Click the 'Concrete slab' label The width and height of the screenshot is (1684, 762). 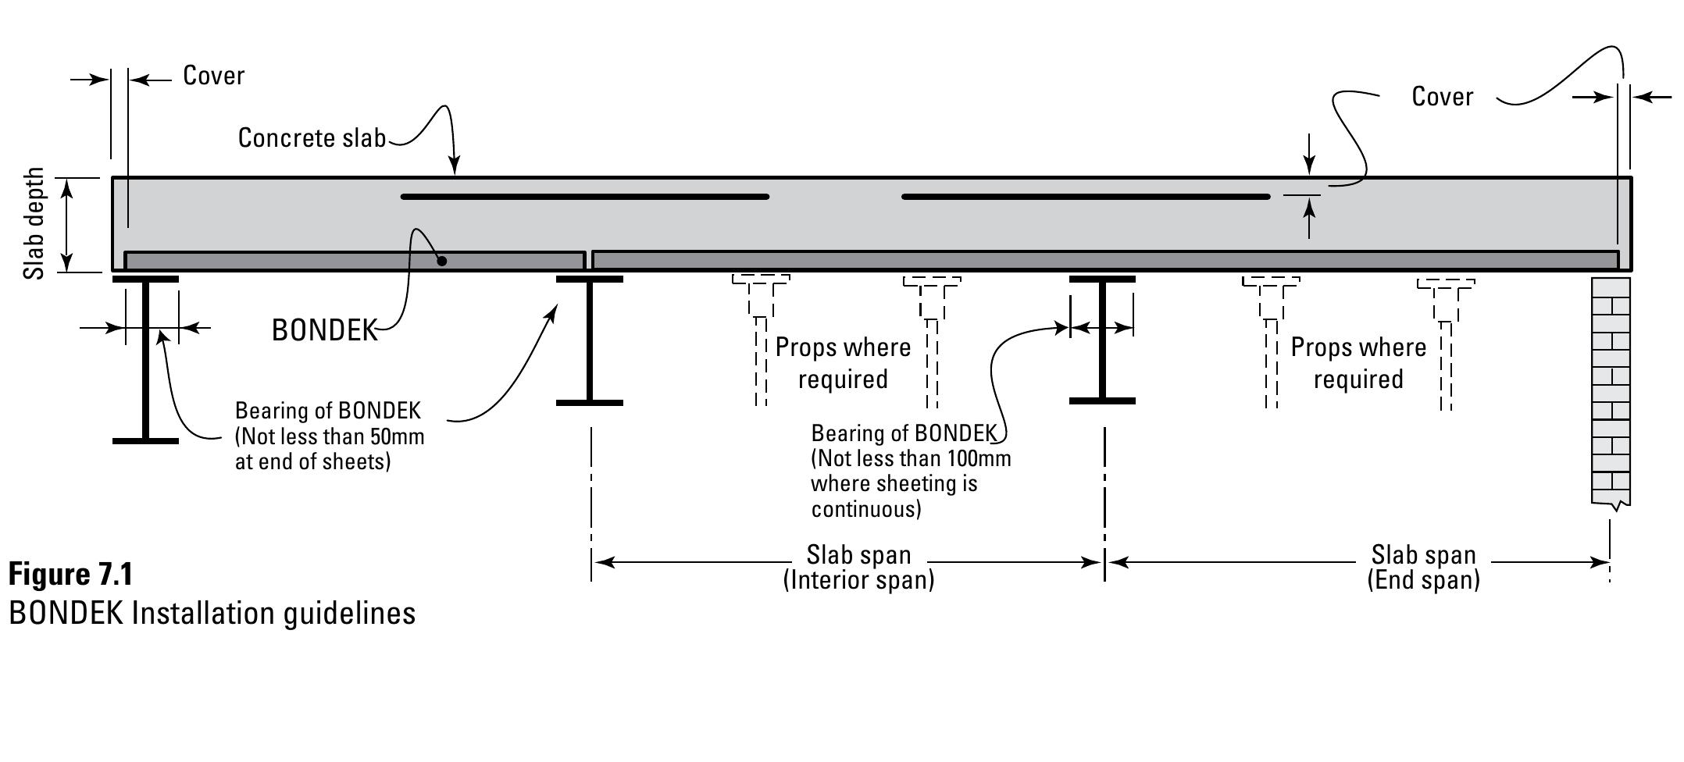coord(312,138)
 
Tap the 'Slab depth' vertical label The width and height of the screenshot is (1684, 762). coord(34,224)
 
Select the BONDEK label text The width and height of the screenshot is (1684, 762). coord(324,330)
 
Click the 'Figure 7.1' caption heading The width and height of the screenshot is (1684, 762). coord(70,575)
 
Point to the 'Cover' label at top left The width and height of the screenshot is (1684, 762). coord(213,76)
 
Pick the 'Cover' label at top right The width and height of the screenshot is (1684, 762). coord(1442,97)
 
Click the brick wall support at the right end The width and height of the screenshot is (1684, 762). coord(1611,390)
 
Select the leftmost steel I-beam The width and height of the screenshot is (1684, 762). coord(145,359)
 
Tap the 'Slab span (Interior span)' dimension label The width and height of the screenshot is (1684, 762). coord(858,567)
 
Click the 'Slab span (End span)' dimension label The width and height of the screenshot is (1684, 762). coord(1423,567)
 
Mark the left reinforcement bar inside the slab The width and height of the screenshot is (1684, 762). coord(584,197)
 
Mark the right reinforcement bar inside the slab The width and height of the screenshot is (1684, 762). coord(1086,197)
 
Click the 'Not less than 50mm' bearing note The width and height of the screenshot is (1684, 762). coord(329,436)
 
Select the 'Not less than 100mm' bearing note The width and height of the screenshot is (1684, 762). coord(910,471)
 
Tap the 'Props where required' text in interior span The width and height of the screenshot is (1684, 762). coord(843,363)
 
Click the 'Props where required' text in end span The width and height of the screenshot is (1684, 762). coord(1358,363)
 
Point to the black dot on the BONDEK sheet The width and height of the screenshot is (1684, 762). coord(441,261)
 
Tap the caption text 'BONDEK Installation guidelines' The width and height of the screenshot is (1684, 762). coord(212,614)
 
